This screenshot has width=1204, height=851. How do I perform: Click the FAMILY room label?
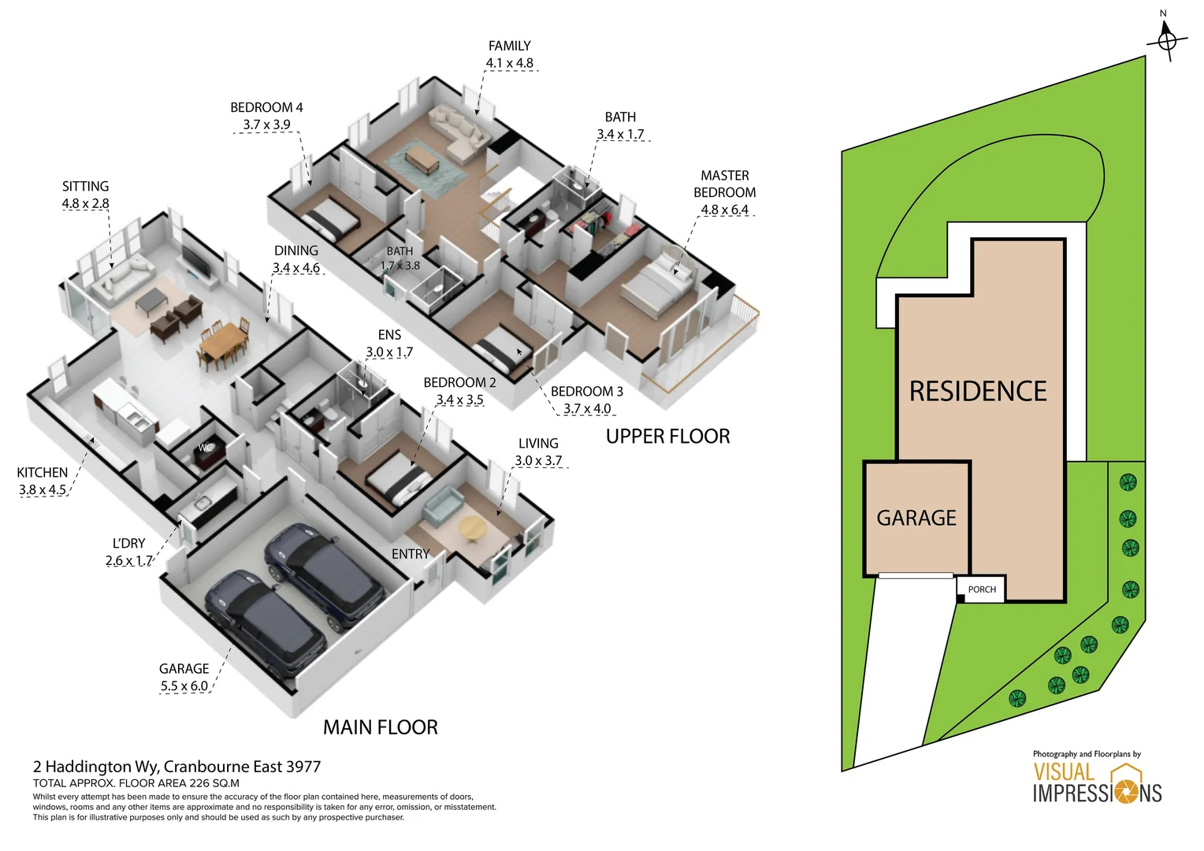point(509,46)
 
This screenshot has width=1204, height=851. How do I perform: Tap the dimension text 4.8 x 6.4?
point(724,210)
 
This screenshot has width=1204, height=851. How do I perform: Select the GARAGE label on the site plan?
point(916,518)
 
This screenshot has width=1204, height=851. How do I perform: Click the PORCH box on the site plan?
point(981,589)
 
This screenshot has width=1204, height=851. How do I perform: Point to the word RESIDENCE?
point(978,391)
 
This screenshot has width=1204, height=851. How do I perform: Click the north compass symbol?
point(1167,39)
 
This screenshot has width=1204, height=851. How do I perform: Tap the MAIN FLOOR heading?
point(380,727)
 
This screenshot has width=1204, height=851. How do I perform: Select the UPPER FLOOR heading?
point(667,436)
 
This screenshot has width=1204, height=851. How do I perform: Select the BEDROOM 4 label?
point(266,107)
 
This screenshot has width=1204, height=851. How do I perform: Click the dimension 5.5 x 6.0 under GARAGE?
point(184,686)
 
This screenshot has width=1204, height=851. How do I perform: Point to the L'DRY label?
point(128,543)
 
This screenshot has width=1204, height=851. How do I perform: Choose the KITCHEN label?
point(42,472)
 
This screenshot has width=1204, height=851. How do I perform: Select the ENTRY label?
point(411,554)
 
